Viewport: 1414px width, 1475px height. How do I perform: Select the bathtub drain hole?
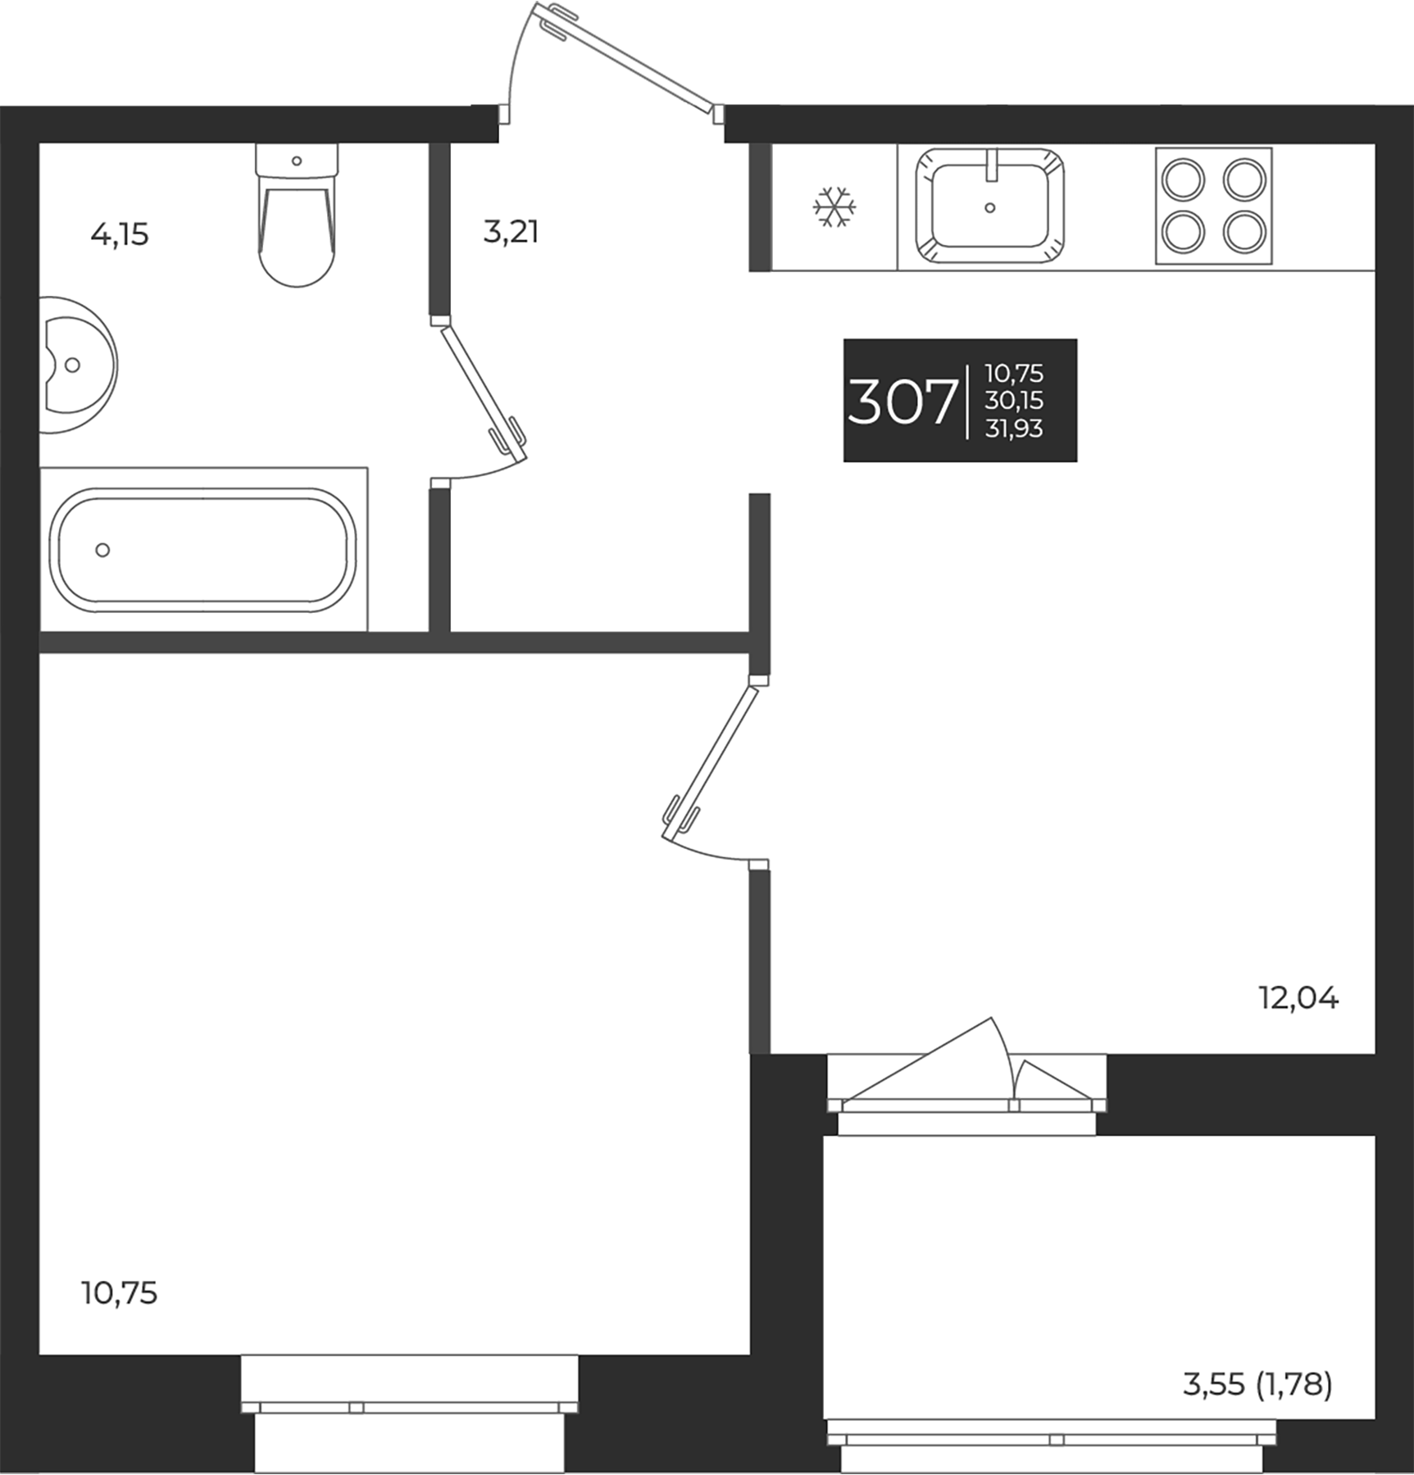[x=102, y=550]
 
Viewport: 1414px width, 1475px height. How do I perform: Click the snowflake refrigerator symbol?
[x=834, y=207]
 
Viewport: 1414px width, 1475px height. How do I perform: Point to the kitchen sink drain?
[x=989, y=208]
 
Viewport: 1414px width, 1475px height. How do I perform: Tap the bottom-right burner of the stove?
[x=1244, y=232]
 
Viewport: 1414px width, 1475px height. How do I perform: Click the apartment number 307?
[x=902, y=402]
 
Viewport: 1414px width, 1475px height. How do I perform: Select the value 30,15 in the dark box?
[x=1014, y=401]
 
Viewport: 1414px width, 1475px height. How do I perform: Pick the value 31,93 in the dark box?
[x=1014, y=428]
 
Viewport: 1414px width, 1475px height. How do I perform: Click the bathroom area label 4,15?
[x=120, y=235]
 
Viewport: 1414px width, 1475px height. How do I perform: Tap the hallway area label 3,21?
[x=511, y=233]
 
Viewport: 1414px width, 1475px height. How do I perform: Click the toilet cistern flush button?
[x=297, y=161]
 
